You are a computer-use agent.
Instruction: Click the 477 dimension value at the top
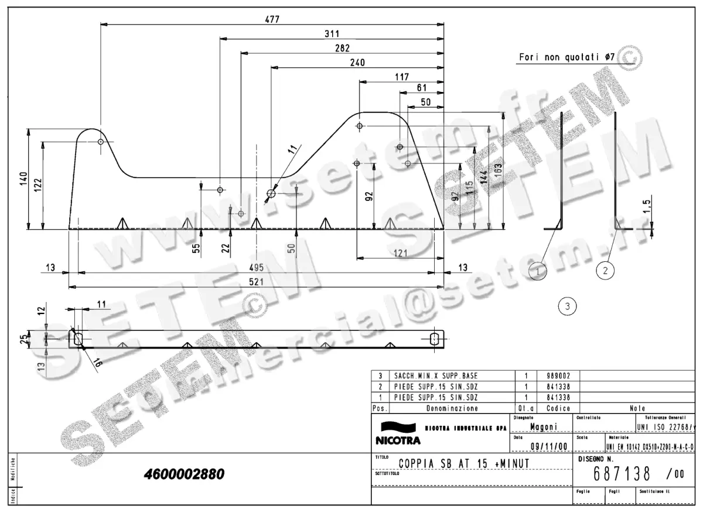[x=272, y=19]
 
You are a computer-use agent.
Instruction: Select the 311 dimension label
[x=332, y=33]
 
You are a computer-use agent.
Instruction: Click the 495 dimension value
[x=257, y=268]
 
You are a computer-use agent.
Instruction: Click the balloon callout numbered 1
[x=538, y=270]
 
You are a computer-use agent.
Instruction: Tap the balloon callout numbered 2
[x=605, y=270]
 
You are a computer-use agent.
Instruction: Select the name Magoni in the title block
[x=543, y=427]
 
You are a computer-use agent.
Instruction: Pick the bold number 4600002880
[x=183, y=474]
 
